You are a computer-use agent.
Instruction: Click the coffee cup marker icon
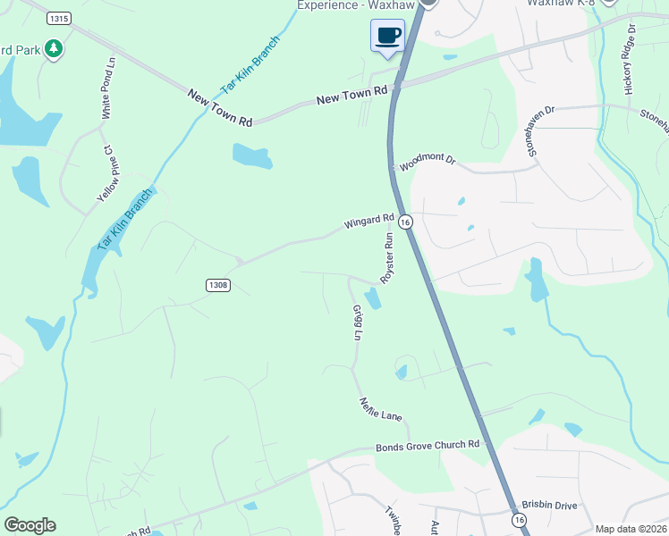tap(387, 36)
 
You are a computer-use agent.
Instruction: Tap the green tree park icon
tap(55, 48)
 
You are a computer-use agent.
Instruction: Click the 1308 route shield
tap(217, 285)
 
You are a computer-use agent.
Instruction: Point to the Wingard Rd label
tap(369, 221)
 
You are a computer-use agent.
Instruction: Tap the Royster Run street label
tap(387, 258)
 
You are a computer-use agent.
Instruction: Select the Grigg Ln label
tap(359, 322)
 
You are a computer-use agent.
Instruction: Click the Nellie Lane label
tap(381, 409)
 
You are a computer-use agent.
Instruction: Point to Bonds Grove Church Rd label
tap(428, 445)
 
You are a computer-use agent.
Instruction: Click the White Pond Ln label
tap(109, 89)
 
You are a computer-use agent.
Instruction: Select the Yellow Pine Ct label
tap(107, 173)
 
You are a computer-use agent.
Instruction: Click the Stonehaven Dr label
tap(541, 130)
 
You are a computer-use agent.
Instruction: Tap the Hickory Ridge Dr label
tap(630, 60)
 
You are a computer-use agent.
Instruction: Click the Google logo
tap(30, 525)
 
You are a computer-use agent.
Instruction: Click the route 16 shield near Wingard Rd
tap(405, 222)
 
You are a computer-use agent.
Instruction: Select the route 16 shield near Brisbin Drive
tap(519, 519)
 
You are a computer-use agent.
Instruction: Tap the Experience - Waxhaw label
tap(351, 5)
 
